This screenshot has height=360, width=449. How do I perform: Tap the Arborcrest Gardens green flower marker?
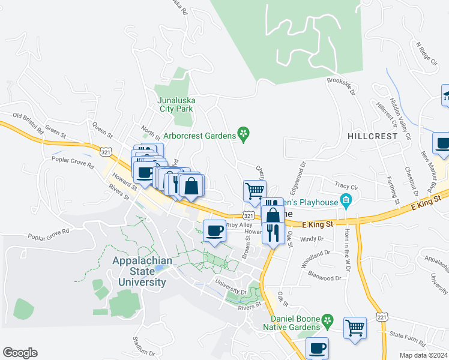click(243, 135)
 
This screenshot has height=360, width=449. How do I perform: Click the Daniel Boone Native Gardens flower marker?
click(327, 322)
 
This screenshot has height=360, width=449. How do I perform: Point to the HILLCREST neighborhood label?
click(372, 136)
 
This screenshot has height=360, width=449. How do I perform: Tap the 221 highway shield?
click(381, 316)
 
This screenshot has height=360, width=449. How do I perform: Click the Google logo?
click(20, 352)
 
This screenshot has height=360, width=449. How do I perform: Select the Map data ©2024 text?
click(423, 355)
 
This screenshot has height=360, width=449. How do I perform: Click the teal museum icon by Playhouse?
click(345, 200)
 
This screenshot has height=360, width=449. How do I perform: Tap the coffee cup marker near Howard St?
click(214, 230)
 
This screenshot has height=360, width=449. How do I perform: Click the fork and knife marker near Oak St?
click(273, 232)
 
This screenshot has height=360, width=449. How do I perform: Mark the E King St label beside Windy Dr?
click(318, 224)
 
